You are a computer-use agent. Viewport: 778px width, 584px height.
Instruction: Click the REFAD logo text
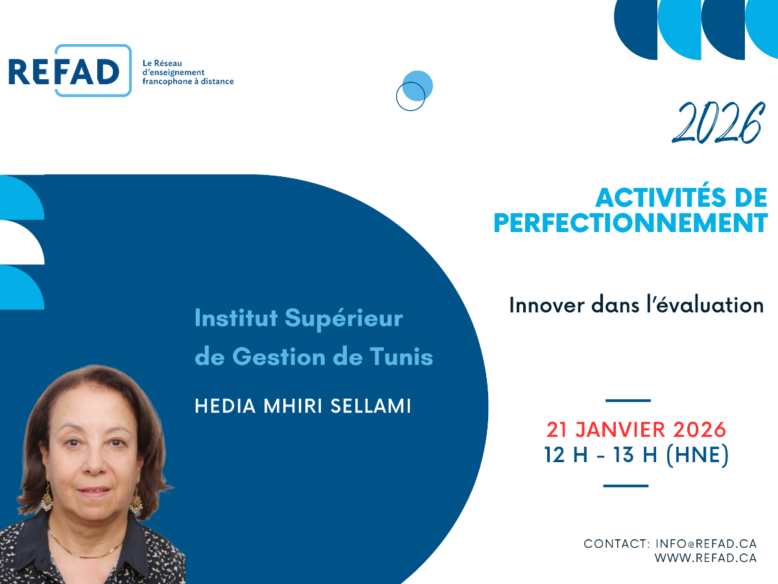tap(64, 72)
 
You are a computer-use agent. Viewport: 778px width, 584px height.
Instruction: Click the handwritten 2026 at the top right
tap(718, 123)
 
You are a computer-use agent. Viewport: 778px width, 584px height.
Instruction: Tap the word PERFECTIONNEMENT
tap(631, 223)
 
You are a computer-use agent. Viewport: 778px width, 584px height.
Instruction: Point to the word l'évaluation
tap(705, 305)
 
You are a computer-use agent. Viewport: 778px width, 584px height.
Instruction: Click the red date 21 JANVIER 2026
tap(636, 430)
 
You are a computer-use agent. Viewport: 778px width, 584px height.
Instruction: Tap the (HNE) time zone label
tap(698, 454)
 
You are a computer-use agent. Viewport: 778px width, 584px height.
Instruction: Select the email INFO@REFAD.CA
tap(706, 544)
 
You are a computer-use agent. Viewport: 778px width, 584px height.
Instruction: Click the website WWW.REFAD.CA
tap(705, 558)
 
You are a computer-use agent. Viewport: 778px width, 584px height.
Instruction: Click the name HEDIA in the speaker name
tap(225, 406)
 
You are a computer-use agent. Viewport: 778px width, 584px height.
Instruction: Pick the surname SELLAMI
tap(371, 406)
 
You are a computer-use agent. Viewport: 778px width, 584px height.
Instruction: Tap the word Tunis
tap(401, 356)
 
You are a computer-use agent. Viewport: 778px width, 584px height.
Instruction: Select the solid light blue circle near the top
tap(418, 86)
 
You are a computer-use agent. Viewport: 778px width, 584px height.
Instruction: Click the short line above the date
tap(628, 401)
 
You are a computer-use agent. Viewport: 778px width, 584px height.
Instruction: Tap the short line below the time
tap(626, 486)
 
